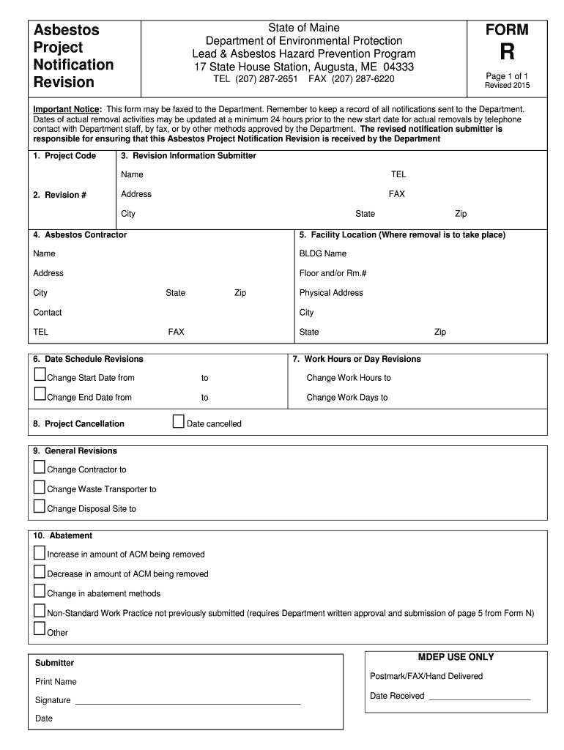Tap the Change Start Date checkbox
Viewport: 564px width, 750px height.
click(40, 375)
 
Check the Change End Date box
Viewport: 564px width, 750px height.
click(40, 395)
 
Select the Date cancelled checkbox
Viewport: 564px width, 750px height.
click(178, 421)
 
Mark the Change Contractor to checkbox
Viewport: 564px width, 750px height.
click(40, 467)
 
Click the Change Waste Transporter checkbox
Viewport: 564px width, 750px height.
click(40, 487)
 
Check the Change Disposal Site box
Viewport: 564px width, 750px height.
click(40, 506)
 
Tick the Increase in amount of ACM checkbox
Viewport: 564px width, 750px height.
click(40, 552)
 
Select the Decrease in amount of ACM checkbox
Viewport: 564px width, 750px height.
click(40, 571)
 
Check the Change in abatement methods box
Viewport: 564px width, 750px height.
click(40, 591)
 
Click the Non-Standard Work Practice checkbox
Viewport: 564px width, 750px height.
click(40, 611)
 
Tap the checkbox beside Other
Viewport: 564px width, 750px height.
click(40, 629)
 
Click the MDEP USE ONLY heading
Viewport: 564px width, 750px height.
click(456, 657)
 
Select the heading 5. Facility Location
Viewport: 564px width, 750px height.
click(402, 235)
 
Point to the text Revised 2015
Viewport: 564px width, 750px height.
click(507, 86)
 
